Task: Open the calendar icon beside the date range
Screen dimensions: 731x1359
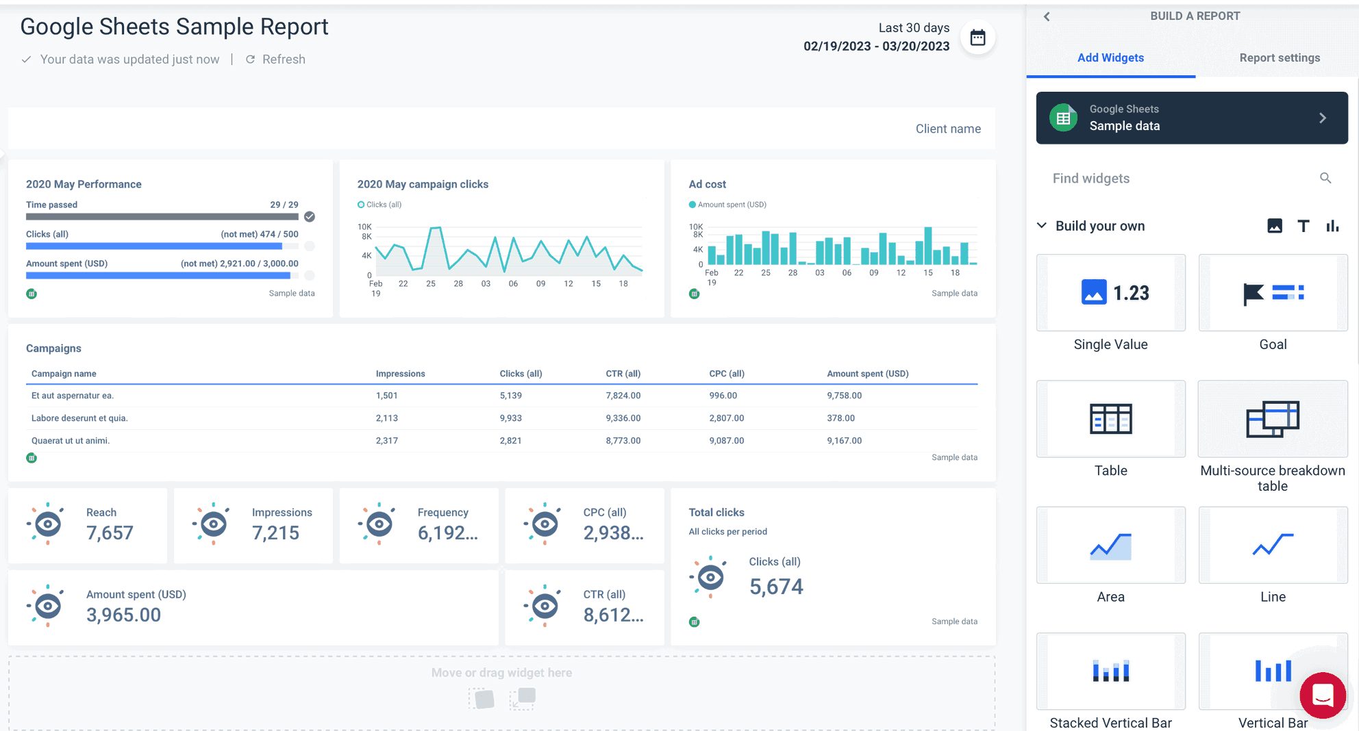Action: (977, 38)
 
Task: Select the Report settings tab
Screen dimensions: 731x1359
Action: (1279, 58)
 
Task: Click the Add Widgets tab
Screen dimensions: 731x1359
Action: (1110, 58)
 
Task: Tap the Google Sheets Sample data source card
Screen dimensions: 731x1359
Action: (1191, 118)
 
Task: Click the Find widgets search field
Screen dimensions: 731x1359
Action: (1178, 179)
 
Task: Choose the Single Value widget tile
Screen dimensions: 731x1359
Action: (1110, 294)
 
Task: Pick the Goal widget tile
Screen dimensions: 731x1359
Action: (1272, 294)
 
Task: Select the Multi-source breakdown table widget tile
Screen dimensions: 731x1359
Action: (1272, 420)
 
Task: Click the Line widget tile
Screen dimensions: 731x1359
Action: (1272, 546)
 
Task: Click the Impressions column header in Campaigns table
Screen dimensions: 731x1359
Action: (400, 374)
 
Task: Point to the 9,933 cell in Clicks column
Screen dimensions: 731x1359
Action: (510, 418)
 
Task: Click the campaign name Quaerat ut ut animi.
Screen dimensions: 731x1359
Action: (71, 441)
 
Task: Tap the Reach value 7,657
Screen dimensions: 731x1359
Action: (110, 533)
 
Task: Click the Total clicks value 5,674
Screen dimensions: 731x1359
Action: (775, 587)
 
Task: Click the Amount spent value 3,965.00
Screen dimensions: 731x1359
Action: (123, 615)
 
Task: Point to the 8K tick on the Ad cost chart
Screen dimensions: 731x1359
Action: (698, 235)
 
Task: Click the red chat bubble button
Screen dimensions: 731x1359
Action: (1322, 695)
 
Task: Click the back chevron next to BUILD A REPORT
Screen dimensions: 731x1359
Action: (1047, 16)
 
